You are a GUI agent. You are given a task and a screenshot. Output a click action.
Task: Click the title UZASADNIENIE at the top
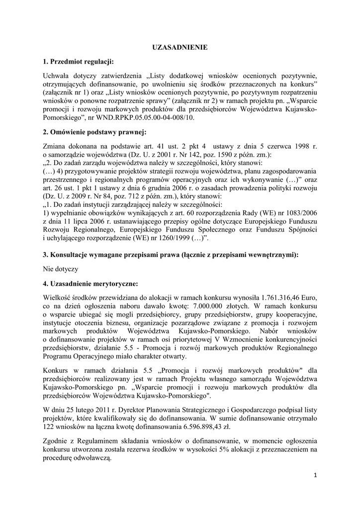(180, 47)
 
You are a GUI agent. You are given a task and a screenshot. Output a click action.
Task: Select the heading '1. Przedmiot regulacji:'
(79, 62)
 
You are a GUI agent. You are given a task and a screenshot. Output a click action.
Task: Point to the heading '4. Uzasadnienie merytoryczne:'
(90, 283)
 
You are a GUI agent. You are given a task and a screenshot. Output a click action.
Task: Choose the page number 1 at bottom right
(315, 475)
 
